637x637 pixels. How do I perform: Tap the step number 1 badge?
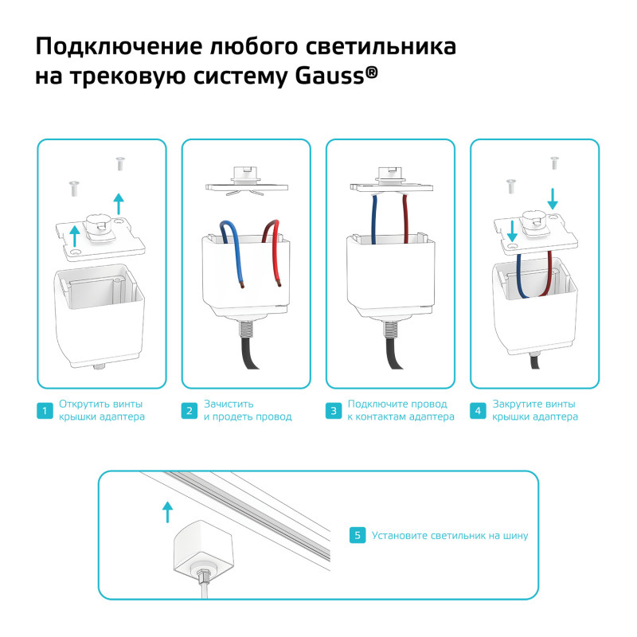[45, 411]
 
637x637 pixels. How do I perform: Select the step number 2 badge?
[190, 411]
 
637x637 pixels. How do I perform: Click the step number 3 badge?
[334, 411]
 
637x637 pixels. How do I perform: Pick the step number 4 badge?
[479, 411]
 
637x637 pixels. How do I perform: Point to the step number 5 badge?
[358, 536]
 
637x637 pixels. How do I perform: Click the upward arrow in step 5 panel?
[166, 511]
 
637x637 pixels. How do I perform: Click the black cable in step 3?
[394, 350]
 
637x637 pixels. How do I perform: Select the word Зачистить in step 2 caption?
[229, 404]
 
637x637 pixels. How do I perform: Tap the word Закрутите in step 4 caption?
[518, 404]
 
